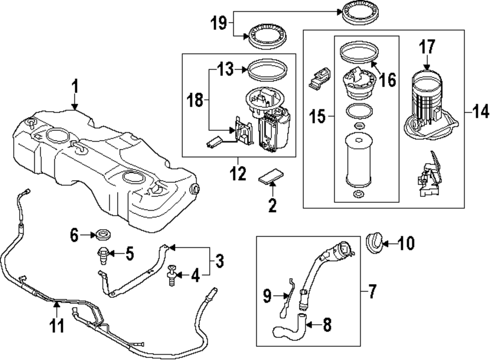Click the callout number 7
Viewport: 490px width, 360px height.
click(388, 79)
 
